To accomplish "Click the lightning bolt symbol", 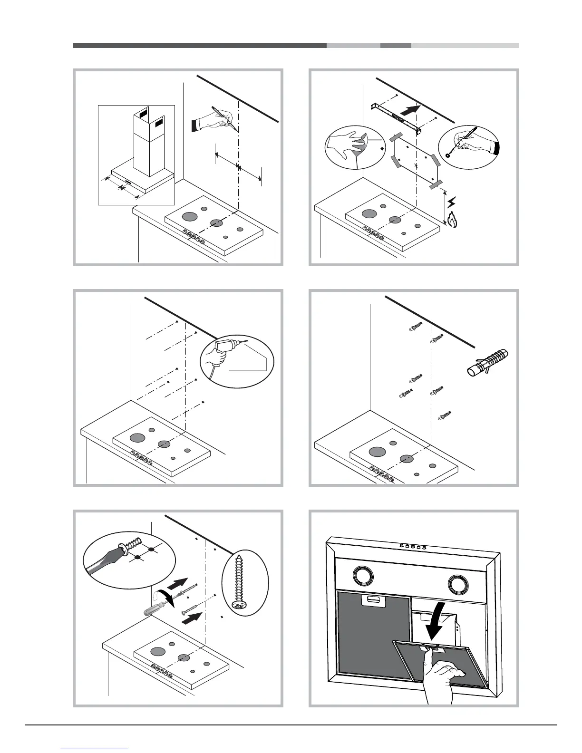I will [452, 203].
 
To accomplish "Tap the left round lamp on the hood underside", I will [363, 578].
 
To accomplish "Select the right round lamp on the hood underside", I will [458, 584].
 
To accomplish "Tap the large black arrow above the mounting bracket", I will [410, 110].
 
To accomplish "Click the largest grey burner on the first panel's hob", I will [189, 217].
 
